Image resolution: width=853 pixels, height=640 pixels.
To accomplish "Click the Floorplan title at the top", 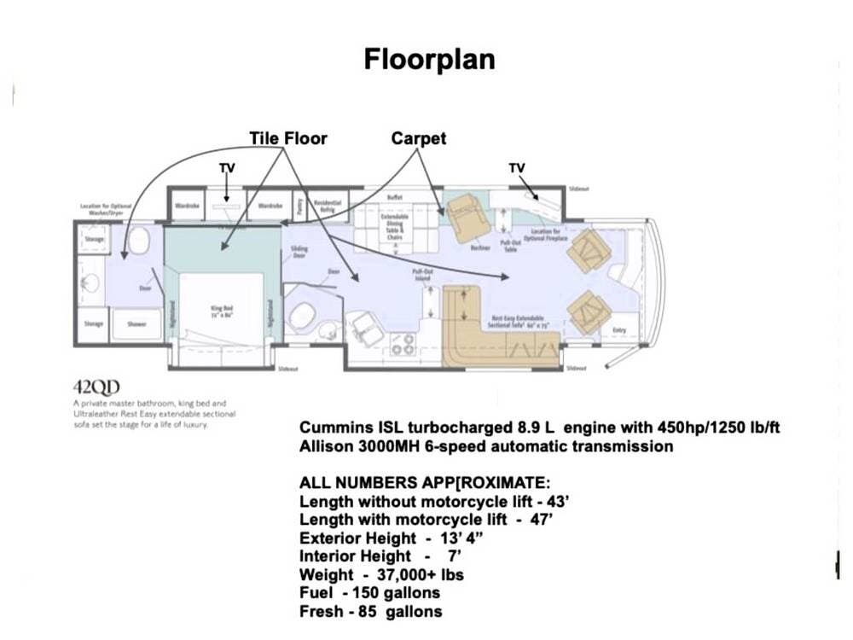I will (429, 59).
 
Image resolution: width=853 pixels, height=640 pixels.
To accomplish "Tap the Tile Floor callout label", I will (287, 137).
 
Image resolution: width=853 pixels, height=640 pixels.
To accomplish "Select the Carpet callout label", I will (418, 137).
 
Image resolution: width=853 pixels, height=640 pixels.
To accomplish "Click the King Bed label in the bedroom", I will (223, 310).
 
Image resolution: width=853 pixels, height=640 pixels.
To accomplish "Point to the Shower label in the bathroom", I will (136, 324).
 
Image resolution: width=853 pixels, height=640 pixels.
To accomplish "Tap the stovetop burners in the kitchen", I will (402, 344).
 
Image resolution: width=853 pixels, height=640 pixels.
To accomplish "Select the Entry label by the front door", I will (619, 329).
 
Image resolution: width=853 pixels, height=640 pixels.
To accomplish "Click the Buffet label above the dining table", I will (394, 197).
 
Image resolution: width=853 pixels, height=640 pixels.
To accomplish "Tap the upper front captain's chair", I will (590, 250).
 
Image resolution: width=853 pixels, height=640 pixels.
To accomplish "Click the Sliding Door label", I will (299, 251).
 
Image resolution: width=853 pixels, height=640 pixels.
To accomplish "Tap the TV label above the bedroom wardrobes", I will (226, 168).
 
